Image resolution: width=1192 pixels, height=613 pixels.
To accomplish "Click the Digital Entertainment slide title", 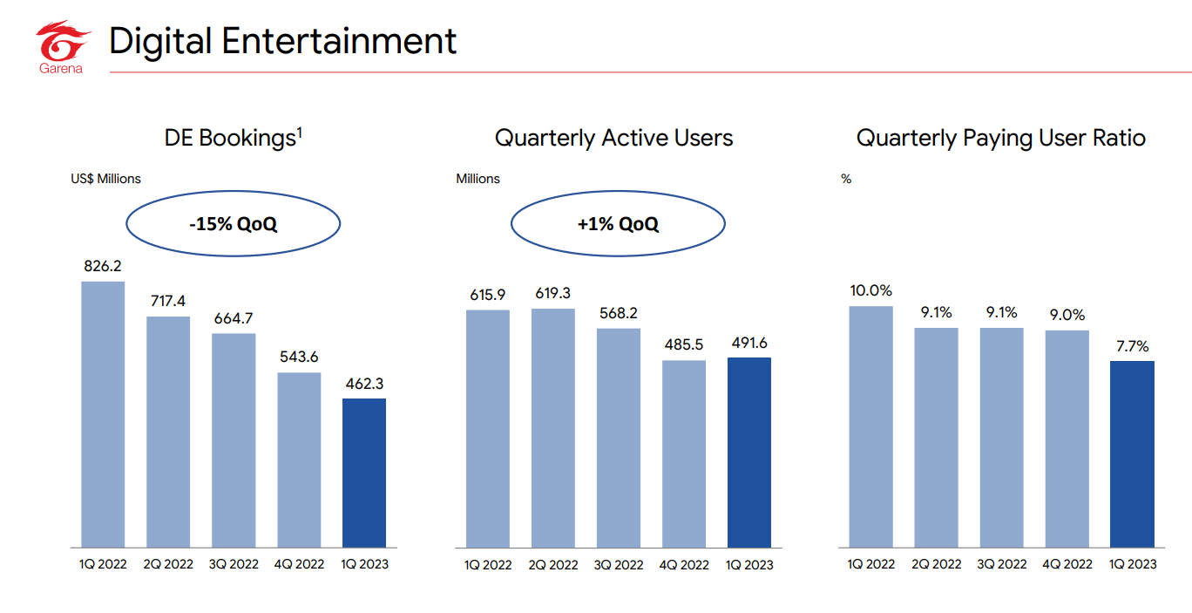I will [282, 41].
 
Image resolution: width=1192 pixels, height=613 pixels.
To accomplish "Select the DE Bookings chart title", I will [234, 138].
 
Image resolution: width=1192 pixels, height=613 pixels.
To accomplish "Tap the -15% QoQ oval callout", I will [234, 224].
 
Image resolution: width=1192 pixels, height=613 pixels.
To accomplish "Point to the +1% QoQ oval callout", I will [618, 224].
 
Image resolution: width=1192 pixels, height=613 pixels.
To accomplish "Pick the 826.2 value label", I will [103, 266].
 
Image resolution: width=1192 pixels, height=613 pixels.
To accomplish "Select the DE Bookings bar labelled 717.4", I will [168, 431].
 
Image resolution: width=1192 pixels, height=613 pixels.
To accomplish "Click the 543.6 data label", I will [299, 358].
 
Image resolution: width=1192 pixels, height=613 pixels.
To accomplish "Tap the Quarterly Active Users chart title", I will [613, 138].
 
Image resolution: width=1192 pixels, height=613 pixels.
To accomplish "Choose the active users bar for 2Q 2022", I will [552, 427].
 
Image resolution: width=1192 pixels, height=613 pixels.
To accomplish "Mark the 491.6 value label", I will [748, 343].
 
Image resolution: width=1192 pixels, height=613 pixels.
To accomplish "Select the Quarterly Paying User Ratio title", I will [1001, 138].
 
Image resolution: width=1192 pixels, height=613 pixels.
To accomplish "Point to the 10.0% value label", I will [871, 290].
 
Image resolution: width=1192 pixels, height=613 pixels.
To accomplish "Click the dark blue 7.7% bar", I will [1132, 453].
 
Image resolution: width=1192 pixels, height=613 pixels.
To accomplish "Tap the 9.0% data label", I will [1067, 315].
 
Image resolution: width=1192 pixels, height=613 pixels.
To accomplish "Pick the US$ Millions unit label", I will [105, 179].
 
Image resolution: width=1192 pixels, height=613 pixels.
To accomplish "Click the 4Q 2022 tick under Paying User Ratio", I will [1067, 564].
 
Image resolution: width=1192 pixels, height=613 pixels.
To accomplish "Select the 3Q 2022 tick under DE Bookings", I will [234, 564].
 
